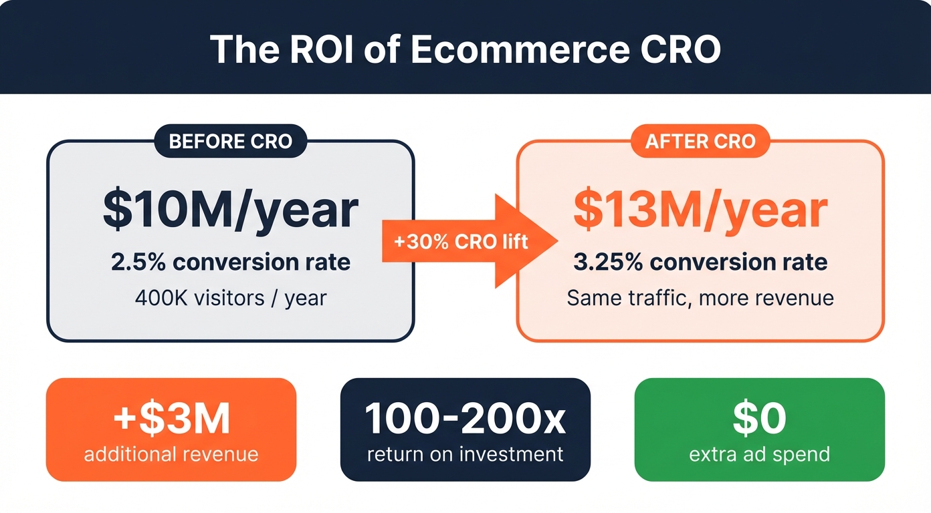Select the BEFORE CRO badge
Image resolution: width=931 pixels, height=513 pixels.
[231, 142]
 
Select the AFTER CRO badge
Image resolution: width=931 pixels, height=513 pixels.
[700, 142]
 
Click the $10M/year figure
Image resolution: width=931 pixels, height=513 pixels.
[231, 210]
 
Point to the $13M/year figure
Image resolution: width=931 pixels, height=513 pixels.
[700, 210]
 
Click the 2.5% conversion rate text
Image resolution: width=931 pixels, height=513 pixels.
[231, 262]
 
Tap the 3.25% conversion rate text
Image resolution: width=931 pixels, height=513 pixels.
[700, 262]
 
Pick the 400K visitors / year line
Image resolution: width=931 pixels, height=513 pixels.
[231, 297]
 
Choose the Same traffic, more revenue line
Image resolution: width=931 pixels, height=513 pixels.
[700, 297]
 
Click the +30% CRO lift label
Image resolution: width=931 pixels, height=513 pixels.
[461, 241]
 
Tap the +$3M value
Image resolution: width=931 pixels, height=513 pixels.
[171, 419]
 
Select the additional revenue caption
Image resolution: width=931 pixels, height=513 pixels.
[171, 455]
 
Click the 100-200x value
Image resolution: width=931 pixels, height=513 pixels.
[465, 419]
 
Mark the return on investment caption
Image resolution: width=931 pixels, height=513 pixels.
[465, 455]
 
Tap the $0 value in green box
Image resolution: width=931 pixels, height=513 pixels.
[759, 419]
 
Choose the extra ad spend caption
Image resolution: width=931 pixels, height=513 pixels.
[759, 455]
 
